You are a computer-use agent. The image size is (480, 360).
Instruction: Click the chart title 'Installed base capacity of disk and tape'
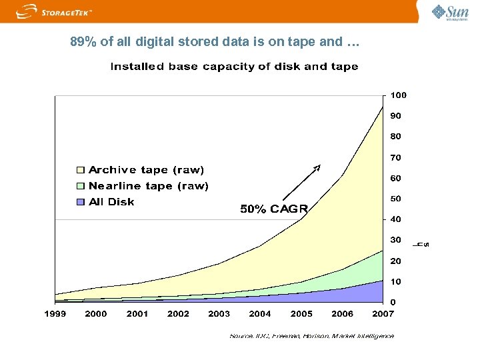234,67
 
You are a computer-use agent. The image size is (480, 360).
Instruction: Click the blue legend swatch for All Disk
81,202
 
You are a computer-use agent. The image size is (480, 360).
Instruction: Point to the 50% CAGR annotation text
273,209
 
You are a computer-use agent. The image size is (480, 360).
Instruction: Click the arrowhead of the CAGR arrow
318,167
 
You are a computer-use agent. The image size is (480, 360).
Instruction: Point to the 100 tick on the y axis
398,95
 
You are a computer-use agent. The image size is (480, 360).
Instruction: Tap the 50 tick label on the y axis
396,199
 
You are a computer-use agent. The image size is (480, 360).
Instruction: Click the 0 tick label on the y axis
393,302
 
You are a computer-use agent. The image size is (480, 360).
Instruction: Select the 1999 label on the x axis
55,313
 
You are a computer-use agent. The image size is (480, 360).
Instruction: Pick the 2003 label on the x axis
219,313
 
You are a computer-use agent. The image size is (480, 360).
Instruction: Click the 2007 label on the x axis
383,313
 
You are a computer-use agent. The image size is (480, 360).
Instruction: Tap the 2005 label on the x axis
301,313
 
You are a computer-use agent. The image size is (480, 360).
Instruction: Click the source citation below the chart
311,336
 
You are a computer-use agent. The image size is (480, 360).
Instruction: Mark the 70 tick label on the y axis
396,158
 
